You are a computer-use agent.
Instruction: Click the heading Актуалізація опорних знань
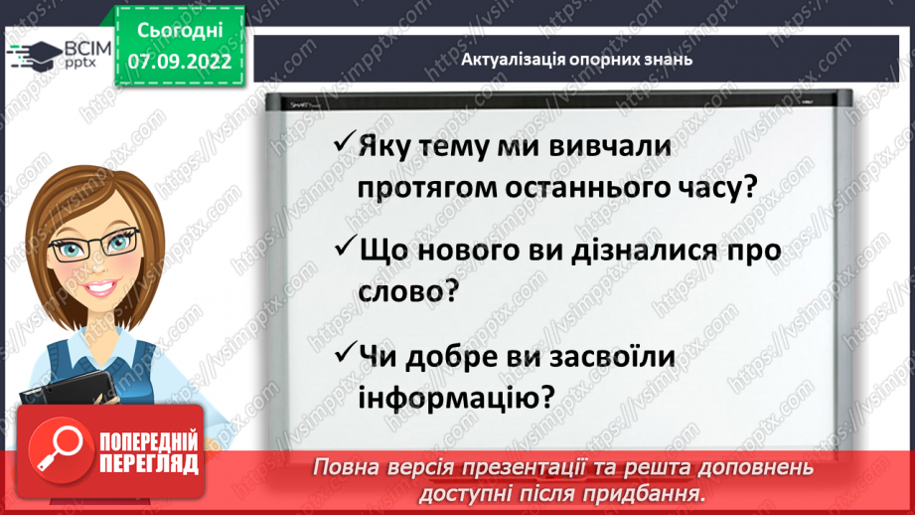[x=576, y=59]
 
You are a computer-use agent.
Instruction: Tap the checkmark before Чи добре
[x=343, y=354]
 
